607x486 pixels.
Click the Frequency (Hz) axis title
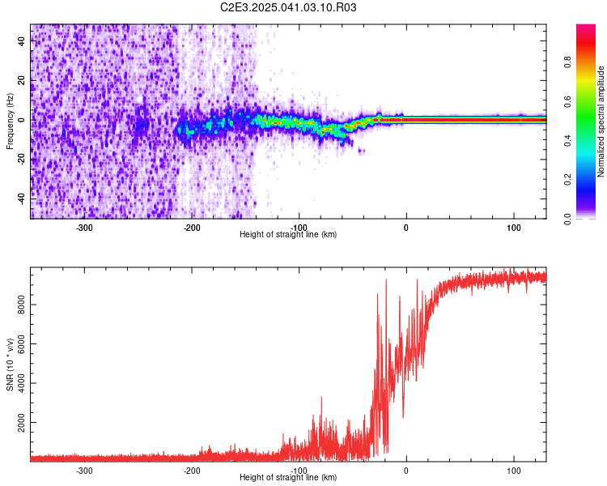pos(10,122)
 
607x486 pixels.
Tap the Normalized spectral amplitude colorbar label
pos(601,122)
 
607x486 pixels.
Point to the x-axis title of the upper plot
pos(288,234)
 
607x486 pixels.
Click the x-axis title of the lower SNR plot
pos(288,477)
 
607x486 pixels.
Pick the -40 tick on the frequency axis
pos(22,198)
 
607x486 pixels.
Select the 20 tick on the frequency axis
pos(22,80)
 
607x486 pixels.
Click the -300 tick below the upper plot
pos(84,227)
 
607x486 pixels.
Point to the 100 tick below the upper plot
pos(514,227)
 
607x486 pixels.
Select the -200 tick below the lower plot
pos(192,470)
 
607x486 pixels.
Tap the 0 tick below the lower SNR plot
pos(406,470)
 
